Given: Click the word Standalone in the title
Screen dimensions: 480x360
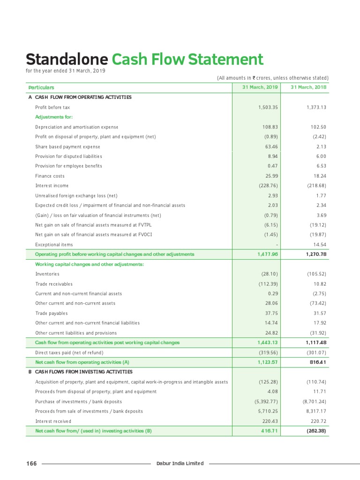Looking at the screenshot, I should [67, 60].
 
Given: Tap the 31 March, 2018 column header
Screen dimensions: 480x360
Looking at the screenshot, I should [308, 87].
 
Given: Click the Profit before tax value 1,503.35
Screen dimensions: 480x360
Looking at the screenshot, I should [268, 107].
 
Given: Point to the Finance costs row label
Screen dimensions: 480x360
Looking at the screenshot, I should [50, 176].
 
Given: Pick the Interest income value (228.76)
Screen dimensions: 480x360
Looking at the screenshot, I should [268, 186].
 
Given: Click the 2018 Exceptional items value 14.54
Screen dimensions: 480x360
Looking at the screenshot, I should [318, 244].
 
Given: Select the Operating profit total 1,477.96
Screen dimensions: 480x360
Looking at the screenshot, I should [268, 254].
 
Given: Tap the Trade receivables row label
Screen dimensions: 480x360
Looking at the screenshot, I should [54, 284].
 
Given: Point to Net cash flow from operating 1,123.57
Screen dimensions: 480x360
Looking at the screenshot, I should [268, 362].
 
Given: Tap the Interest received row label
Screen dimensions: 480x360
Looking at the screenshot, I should [53, 421].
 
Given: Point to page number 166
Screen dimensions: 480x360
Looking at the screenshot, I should [31, 464].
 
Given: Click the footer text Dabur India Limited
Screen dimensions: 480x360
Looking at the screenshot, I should [180, 464].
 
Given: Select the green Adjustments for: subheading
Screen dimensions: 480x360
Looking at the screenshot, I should [54, 117].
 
